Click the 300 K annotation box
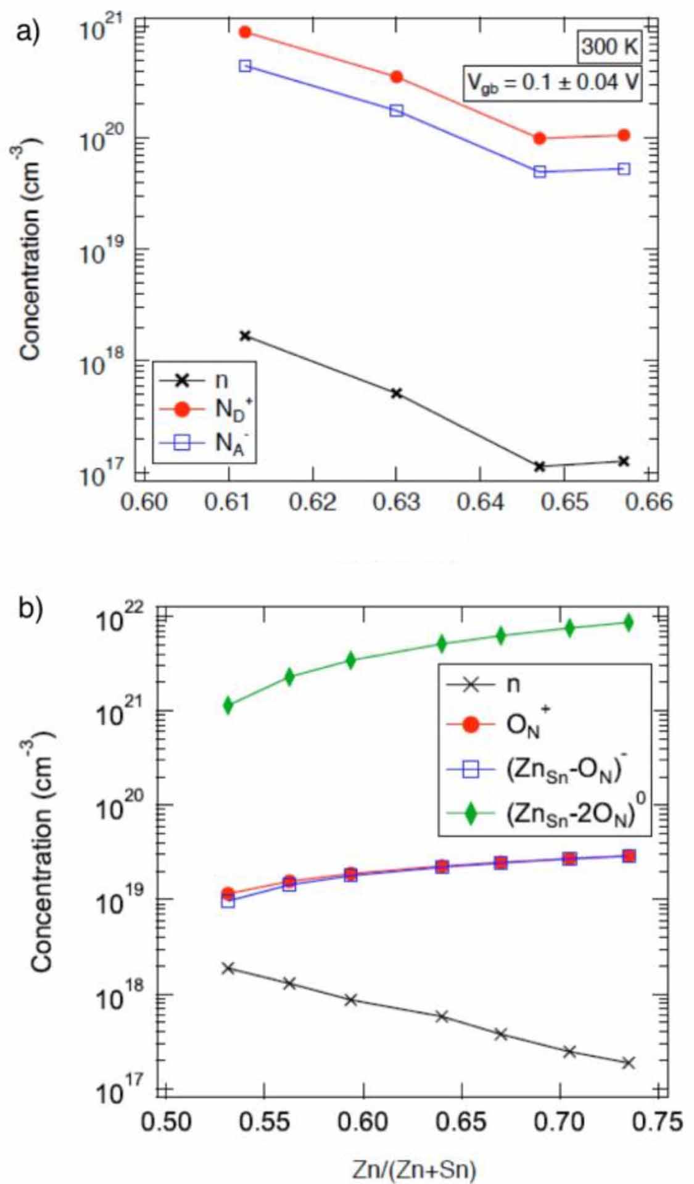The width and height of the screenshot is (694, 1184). click(609, 46)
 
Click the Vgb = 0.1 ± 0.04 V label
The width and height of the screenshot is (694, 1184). click(552, 83)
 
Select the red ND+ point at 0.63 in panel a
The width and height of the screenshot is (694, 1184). click(397, 77)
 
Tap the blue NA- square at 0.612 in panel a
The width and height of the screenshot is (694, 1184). click(245, 65)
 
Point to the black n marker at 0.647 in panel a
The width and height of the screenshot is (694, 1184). click(540, 466)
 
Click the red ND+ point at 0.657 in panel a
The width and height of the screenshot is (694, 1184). click(624, 135)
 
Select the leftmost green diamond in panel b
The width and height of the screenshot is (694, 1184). click(228, 705)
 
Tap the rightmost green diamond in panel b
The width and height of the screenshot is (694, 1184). click(629, 622)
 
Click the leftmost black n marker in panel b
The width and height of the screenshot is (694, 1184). click(228, 968)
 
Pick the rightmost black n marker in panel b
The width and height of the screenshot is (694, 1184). click(629, 1063)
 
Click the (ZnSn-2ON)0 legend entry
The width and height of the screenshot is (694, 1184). click(543, 816)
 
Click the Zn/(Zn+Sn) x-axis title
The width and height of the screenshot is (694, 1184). click(414, 1169)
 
